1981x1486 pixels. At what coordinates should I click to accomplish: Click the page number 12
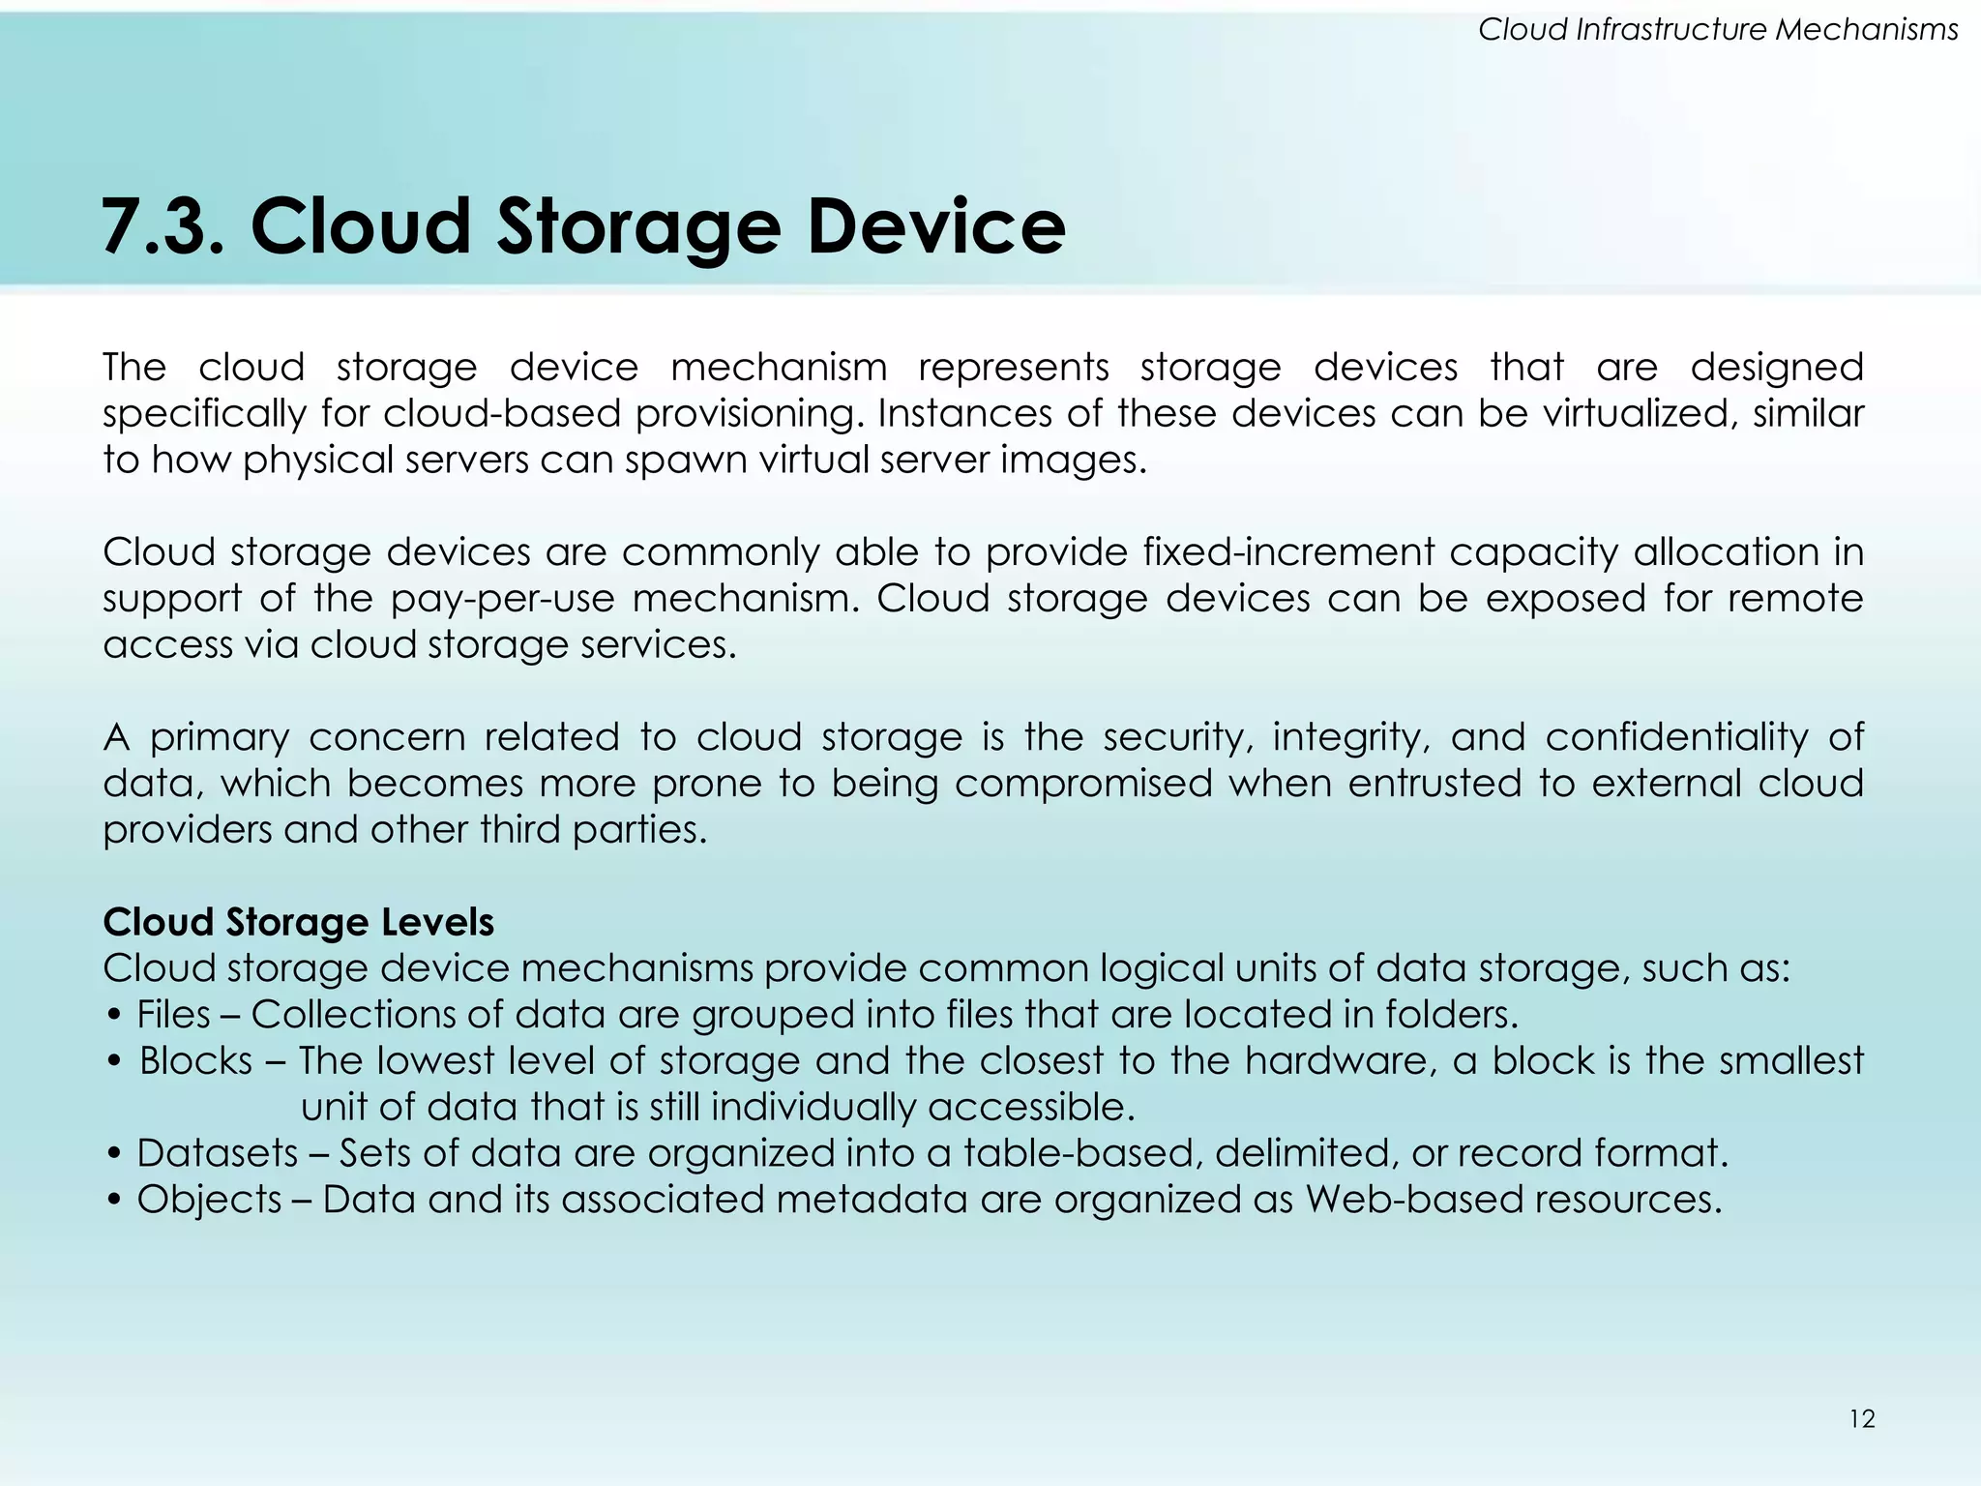[1862, 1419]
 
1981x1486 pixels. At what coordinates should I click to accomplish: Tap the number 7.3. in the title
[163, 226]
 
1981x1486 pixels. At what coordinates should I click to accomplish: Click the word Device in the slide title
[935, 226]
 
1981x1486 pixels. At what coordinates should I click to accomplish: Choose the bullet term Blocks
[196, 1060]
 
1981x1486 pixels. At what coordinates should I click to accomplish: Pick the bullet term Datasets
[218, 1152]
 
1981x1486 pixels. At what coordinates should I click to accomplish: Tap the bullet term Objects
[209, 1199]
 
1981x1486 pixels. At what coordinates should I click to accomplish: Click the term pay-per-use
[502, 599]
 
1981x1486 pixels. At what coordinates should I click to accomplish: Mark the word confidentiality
[1676, 737]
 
